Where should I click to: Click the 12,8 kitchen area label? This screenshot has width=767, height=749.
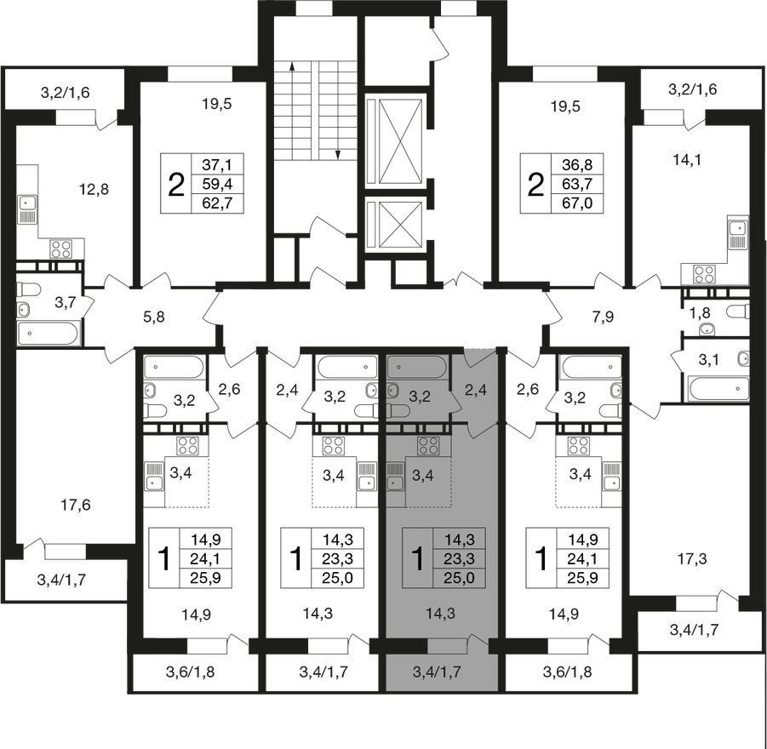(x=94, y=188)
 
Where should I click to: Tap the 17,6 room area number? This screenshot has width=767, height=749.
(x=75, y=505)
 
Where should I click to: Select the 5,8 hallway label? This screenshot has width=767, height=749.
(x=153, y=317)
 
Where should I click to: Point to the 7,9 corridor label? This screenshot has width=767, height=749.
(x=602, y=317)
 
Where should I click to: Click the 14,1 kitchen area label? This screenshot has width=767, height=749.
(x=687, y=159)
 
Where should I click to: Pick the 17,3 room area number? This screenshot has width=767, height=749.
(x=693, y=558)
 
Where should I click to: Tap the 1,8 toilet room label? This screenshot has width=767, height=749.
(x=699, y=312)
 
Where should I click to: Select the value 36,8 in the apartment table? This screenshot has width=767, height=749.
(x=577, y=164)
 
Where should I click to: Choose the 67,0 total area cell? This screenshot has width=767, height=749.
(x=577, y=203)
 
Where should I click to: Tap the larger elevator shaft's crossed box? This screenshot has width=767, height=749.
(x=400, y=141)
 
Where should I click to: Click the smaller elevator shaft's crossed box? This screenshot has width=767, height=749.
(x=400, y=225)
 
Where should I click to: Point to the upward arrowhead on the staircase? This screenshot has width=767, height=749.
(x=292, y=66)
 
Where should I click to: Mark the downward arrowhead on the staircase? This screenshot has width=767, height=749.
(x=337, y=155)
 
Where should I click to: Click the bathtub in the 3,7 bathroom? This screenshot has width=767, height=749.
(x=48, y=333)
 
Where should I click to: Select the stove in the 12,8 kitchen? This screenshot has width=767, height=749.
(x=61, y=249)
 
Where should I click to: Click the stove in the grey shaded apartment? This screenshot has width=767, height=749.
(x=429, y=445)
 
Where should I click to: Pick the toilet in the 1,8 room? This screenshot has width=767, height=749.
(x=738, y=312)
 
